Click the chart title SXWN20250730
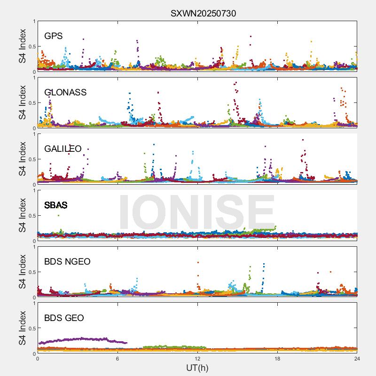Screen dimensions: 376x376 click(203, 13)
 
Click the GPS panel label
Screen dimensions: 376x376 click(53, 36)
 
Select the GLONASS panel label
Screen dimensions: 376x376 click(65, 92)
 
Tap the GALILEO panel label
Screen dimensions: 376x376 click(63, 149)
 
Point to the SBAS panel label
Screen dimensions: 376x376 click(55, 205)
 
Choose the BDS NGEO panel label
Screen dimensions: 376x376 click(67, 261)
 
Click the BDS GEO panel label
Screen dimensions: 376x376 click(64, 318)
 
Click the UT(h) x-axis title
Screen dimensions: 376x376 click(197, 367)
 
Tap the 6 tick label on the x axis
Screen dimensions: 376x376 click(117, 358)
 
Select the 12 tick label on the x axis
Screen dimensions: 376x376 click(197, 358)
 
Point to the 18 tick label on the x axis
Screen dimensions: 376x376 click(277, 358)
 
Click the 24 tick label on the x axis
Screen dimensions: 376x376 click(357, 358)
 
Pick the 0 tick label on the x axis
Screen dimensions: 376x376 click(38, 358)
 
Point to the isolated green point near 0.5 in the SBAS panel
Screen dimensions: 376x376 click(58, 215)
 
